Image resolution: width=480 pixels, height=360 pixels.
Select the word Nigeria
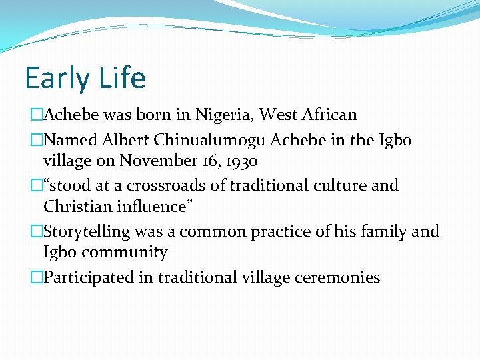click(x=224, y=115)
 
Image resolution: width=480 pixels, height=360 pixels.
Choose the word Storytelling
click(x=86, y=232)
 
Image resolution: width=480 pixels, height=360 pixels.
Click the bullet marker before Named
click(x=37, y=141)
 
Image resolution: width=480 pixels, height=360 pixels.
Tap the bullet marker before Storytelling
click(x=37, y=232)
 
